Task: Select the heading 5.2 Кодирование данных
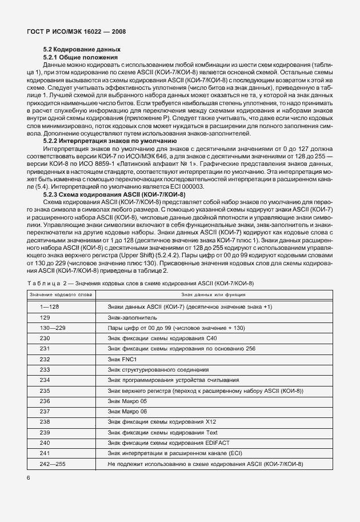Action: [x=82, y=50]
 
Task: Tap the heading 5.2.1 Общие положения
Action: [x=81, y=57]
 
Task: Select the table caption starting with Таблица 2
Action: [x=140, y=284]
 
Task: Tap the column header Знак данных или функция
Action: [x=213, y=295]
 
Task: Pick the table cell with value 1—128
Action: [x=49, y=307]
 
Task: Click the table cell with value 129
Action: [x=45, y=317]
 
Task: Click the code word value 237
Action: [x=45, y=411]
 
